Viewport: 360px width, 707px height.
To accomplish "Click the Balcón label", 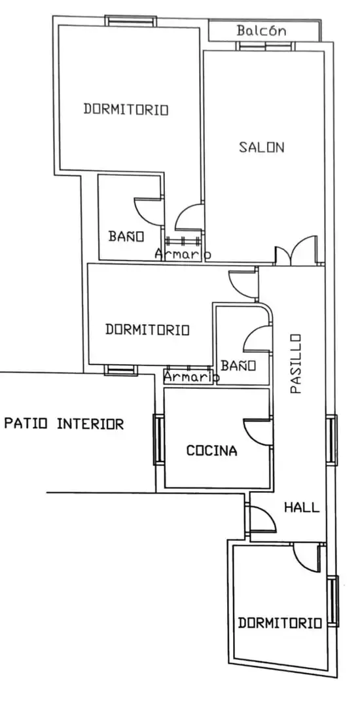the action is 261,31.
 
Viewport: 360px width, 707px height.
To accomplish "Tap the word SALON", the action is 261,147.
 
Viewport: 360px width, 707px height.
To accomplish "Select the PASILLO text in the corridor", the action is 295,363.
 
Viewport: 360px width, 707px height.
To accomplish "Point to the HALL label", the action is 302,507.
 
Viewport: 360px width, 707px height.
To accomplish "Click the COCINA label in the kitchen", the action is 212,450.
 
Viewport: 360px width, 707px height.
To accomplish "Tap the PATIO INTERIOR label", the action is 64,424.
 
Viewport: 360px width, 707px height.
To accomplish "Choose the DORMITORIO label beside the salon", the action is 126,109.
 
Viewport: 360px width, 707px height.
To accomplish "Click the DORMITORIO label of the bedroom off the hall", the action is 279,623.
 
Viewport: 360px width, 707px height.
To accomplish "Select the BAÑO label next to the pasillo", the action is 238,365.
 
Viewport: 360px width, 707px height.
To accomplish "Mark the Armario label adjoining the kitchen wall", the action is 191,376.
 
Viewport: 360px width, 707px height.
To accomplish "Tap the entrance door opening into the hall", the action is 262,519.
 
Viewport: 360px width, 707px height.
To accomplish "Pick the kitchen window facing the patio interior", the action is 158,440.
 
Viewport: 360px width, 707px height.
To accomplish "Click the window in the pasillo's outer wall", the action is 331,440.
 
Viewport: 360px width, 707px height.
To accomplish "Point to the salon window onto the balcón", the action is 265,46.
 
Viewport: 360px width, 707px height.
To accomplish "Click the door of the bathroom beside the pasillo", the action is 258,339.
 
